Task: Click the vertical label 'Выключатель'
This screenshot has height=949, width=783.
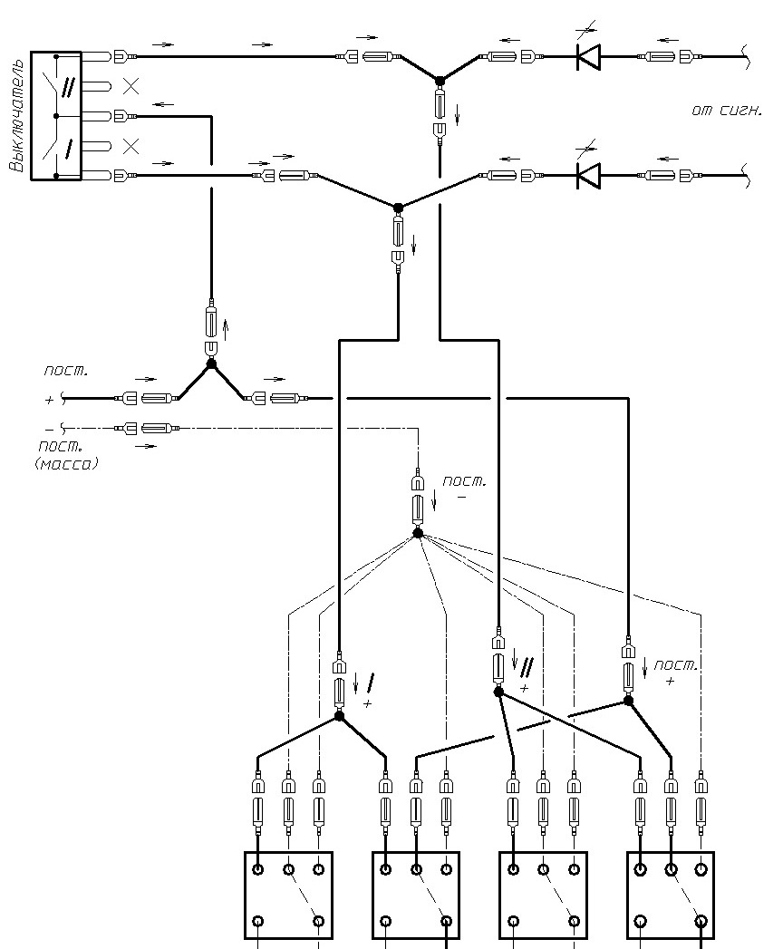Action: tap(17, 116)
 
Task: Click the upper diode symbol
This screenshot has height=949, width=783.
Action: tap(587, 56)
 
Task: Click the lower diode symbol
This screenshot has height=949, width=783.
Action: tap(587, 176)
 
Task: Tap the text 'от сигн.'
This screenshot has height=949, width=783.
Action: tap(726, 111)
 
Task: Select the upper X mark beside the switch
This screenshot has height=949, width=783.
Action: tap(130, 86)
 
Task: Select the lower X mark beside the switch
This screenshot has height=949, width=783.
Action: tap(130, 147)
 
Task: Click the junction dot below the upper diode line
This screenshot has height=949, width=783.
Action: tap(440, 81)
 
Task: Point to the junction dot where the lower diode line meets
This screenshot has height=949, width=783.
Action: tap(398, 208)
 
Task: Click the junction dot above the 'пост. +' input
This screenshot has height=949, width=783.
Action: tap(211, 364)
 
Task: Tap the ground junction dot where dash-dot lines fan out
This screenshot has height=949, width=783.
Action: tap(418, 533)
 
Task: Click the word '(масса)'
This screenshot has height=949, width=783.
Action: tap(66, 464)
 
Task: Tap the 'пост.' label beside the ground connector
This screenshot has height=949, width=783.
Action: tap(465, 482)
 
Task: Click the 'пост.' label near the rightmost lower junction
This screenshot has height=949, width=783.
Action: tap(676, 665)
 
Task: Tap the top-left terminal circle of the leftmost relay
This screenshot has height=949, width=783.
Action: tap(258, 870)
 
